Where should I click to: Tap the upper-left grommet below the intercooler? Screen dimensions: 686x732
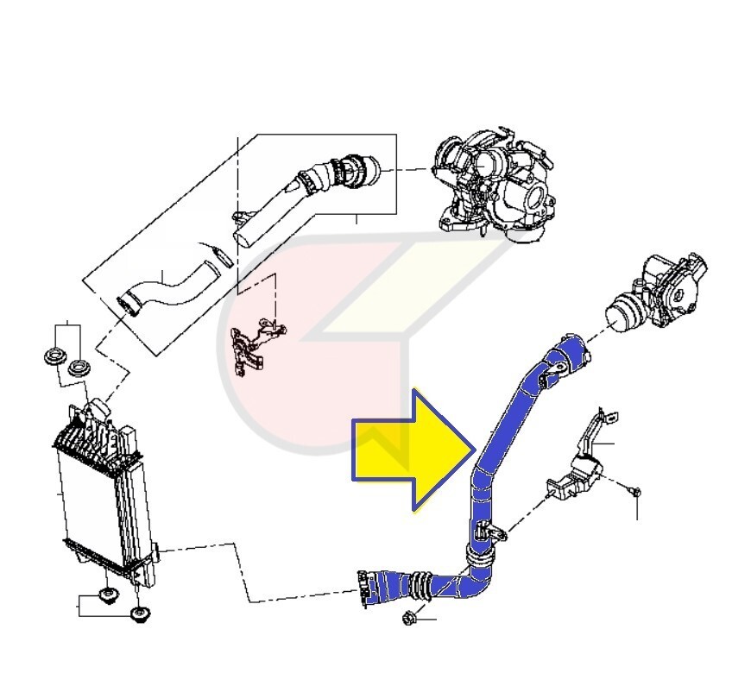(109, 597)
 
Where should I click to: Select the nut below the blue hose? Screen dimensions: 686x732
(410, 617)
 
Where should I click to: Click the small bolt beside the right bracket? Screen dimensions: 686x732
(634, 491)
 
